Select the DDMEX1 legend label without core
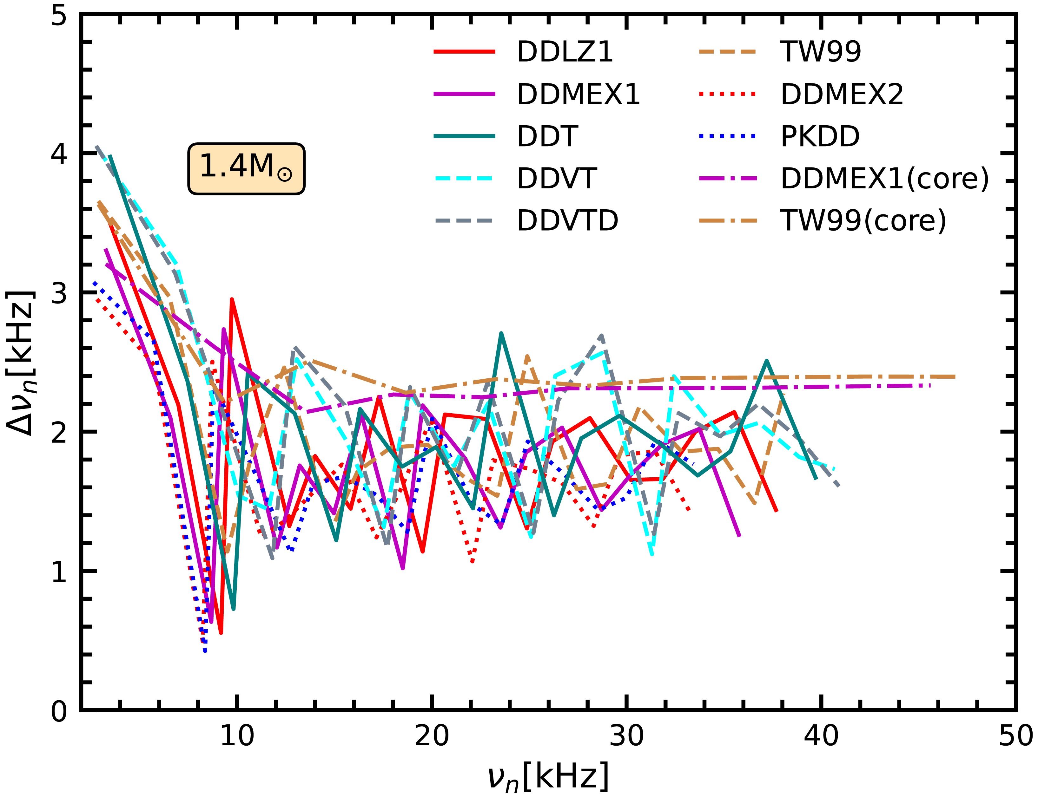pos(578,95)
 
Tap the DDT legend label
pos(547,137)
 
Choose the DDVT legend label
pos(556,179)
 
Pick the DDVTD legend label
pos(568,221)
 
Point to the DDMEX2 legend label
pos(842,95)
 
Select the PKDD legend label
pos(820,137)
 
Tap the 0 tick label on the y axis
pos(59,711)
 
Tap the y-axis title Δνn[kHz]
pos(21,363)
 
